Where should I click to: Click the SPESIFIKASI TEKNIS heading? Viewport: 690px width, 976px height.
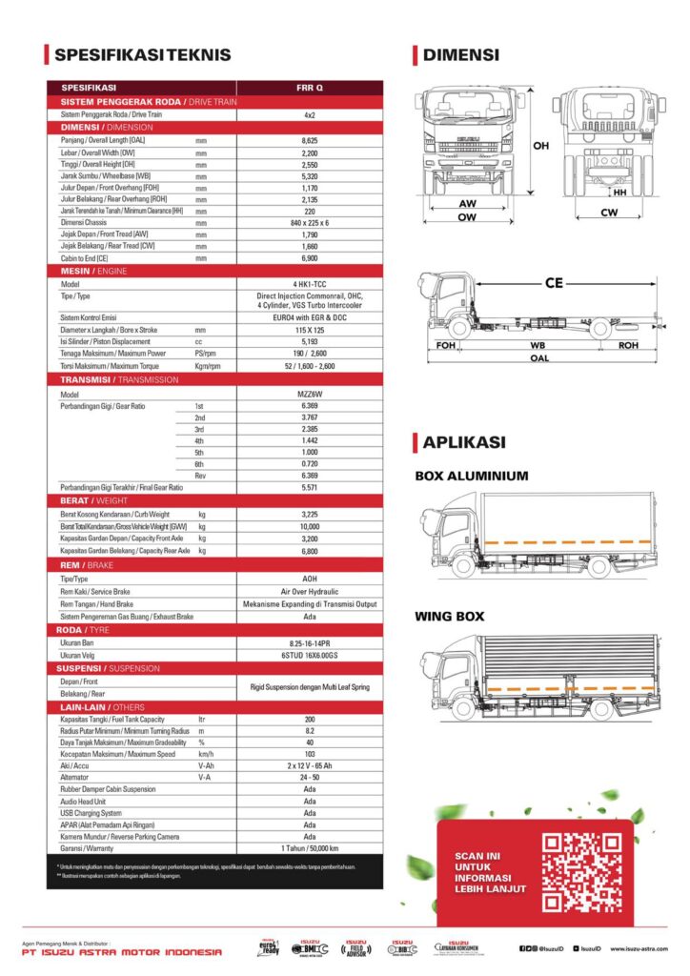(143, 55)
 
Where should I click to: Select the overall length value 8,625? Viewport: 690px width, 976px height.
(310, 140)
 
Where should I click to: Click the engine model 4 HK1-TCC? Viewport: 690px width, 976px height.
(310, 284)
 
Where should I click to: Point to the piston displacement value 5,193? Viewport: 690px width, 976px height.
(310, 341)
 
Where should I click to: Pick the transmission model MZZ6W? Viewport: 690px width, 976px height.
(310, 394)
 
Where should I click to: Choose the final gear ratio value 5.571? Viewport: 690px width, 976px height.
(310, 487)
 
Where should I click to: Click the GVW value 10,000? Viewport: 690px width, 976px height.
(310, 526)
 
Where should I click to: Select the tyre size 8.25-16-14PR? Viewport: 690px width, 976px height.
(310, 643)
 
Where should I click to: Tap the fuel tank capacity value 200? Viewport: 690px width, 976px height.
(310, 719)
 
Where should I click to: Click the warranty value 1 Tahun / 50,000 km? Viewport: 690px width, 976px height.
(310, 848)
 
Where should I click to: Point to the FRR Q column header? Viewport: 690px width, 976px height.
(310, 88)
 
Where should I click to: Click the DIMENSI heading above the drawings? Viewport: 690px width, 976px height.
(461, 55)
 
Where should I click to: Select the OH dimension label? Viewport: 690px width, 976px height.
(541, 146)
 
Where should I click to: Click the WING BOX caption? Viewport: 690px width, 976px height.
(449, 617)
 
